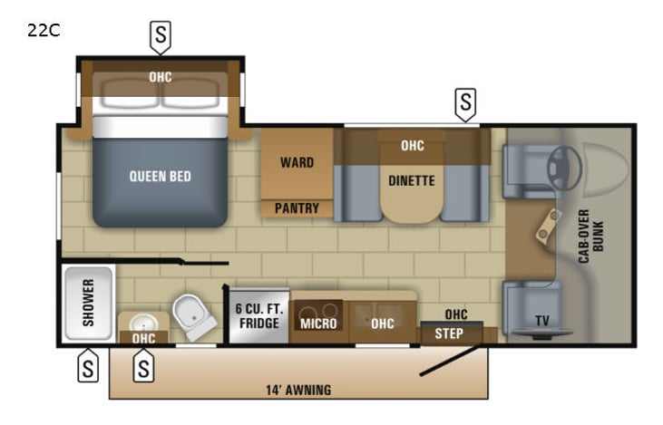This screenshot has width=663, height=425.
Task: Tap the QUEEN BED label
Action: pos(160,176)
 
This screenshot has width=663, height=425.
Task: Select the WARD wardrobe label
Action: pos(297,163)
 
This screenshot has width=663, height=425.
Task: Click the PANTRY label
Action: pos(297,208)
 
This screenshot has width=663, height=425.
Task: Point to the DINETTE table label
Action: pos(411,180)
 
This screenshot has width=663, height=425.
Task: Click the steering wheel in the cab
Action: pos(565,164)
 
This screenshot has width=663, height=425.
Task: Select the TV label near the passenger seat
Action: pos(541,320)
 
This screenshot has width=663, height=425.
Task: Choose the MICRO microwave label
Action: pos(318,324)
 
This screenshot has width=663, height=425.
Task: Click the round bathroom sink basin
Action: pos(143,322)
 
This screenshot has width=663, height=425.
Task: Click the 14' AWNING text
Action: pos(299,391)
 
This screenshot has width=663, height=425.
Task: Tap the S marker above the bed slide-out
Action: pos(161,36)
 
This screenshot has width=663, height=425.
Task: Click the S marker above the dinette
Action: pos(465,103)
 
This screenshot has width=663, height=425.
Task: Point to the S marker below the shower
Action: pos(88,368)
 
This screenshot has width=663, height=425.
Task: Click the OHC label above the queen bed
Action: pos(161,77)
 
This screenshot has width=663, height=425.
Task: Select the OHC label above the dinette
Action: pos(412,145)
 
